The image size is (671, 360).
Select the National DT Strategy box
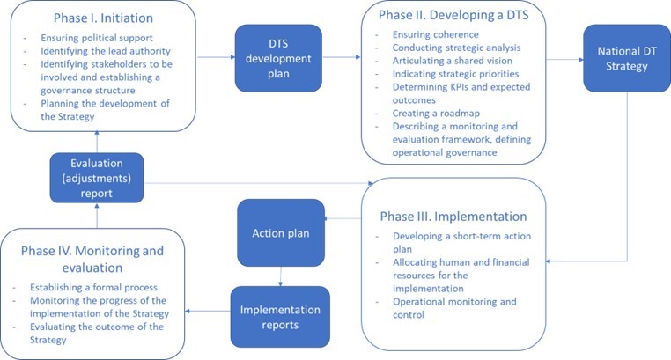coord(626,58)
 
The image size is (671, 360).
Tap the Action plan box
coord(280,233)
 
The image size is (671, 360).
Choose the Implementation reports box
coord(280,315)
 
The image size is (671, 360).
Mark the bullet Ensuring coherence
coord(431,34)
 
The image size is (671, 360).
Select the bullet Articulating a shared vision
coord(453,61)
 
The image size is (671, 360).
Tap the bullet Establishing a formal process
coord(94,287)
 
